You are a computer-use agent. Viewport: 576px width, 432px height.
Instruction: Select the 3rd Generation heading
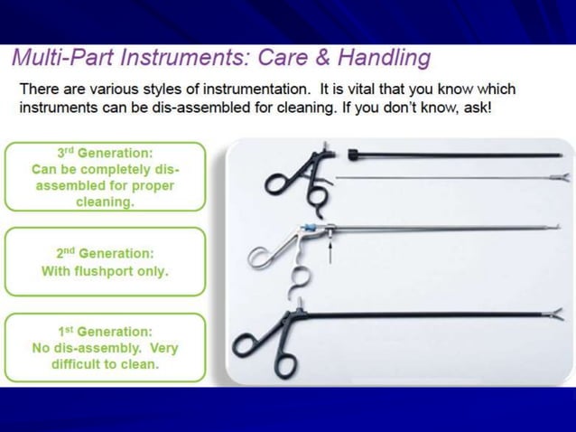106,153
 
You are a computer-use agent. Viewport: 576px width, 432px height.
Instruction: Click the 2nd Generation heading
106,254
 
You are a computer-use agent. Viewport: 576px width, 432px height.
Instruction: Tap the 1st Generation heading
106,332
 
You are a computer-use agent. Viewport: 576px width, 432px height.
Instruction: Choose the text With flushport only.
106,271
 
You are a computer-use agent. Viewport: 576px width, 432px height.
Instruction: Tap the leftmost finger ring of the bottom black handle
245,345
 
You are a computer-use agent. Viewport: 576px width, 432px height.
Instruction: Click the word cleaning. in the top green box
106,202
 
